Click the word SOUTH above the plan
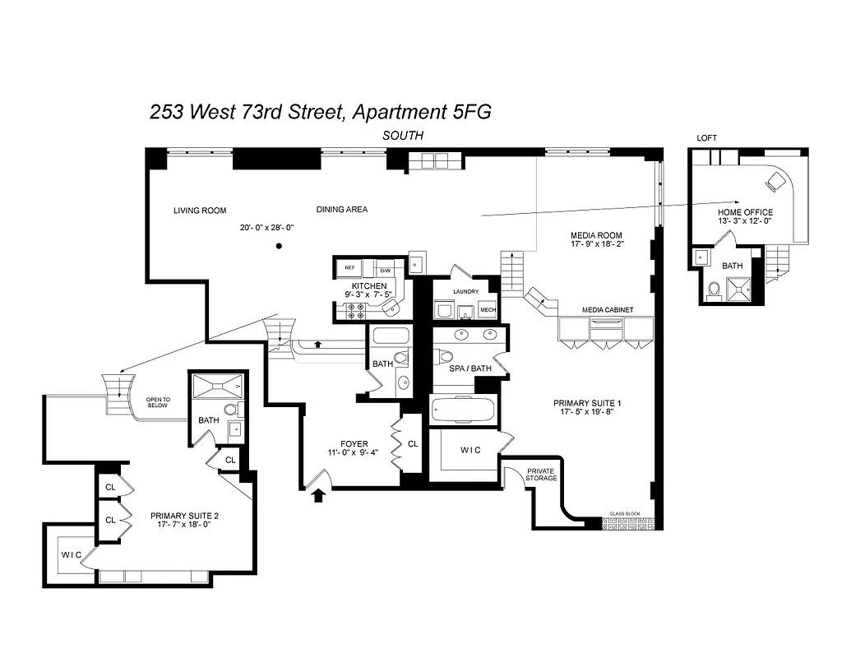click(403, 135)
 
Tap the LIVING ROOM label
click(200, 211)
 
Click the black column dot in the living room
click(280, 246)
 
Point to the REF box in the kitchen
click(350, 268)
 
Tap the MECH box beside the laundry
click(488, 310)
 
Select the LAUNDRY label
click(465, 291)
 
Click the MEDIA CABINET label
click(608, 310)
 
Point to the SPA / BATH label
click(470, 368)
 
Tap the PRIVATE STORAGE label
click(541, 475)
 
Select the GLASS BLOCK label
click(625, 513)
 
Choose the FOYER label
click(354, 445)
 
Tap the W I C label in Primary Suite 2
click(72, 554)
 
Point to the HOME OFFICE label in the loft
click(745, 212)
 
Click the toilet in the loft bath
click(713, 289)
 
